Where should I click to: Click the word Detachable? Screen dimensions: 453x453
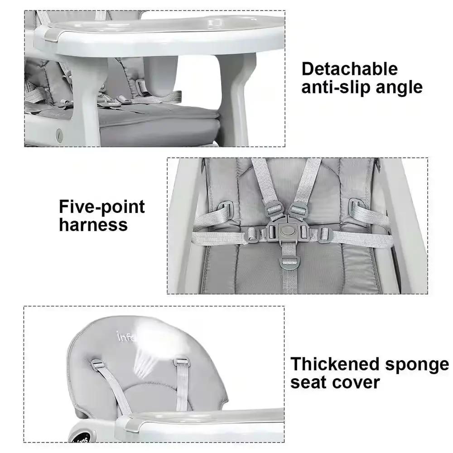pos(349,69)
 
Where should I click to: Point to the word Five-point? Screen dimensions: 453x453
pos(102,207)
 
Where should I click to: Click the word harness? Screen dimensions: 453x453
pos(93,225)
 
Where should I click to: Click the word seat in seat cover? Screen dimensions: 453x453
pos(308,382)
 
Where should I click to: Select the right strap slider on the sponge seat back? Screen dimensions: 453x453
pos(181,362)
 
